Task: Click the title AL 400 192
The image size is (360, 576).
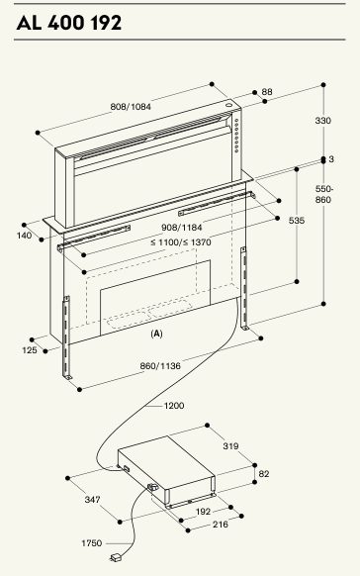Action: click(x=69, y=23)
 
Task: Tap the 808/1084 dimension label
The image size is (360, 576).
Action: click(x=131, y=107)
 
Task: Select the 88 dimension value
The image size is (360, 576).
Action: click(x=267, y=91)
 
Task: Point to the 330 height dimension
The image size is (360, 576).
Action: click(x=323, y=120)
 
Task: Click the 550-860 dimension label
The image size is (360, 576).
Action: click(x=323, y=194)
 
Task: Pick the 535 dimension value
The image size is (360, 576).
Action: click(x=297, y=221)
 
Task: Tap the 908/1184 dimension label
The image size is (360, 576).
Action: click(x=182, y=228)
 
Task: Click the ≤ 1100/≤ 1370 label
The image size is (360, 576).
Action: click(x=181, y=242)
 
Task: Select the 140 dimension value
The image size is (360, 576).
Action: click(x=24, y=236)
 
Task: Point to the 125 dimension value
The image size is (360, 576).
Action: click(x=30, y=350)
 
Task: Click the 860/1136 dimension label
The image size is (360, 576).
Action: click(x=160, y=366)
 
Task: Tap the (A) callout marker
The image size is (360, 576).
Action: click(x=156, y=334)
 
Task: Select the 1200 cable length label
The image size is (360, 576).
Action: click(x=174, y=406)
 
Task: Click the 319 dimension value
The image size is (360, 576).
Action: click(x=230, y=446)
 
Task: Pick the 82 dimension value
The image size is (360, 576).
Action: click(x=264, y=474)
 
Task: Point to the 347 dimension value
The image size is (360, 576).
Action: click(x=93, y=500)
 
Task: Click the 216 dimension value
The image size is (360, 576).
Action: click(x=221, y=525)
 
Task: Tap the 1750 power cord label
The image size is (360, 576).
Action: click(x=92, y=543)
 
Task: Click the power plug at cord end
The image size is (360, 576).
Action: click(x=117, y=558)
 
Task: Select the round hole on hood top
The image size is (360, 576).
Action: click(x=229, y=104)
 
